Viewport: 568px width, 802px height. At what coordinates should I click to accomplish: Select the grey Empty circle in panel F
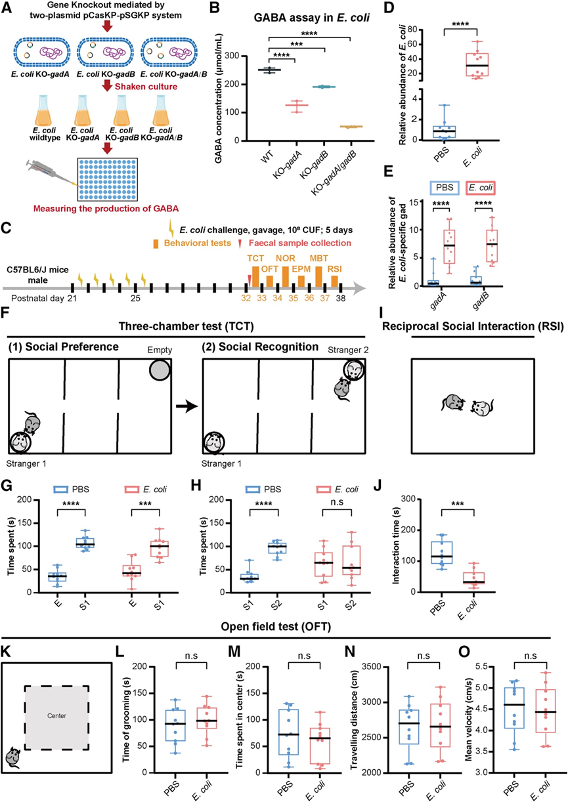160,371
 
